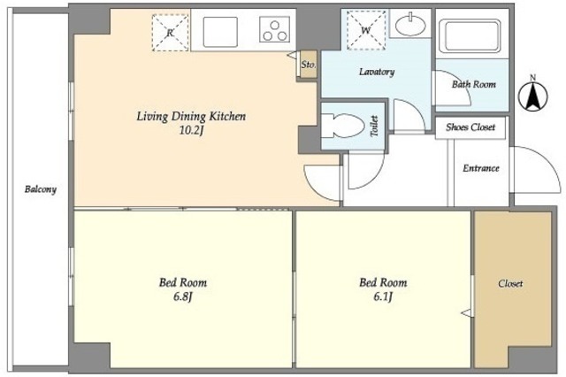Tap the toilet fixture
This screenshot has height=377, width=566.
pyautogui.click(x=342, y=126)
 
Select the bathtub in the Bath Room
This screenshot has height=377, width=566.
pyautogui.click(x=472, y=35)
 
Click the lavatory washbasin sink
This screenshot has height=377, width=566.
pyautogui.click(x=410, y=24)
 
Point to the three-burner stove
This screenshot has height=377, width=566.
pyautogui.click(x=275, y=29)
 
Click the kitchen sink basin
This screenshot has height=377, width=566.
pyautogui.click(x=220, y=32)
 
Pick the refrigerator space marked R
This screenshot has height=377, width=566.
pyautogui.click(x=171, y=33)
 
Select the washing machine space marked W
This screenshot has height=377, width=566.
pyautogui.click(x=366, y=30)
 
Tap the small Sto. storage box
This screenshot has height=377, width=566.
pyautogui.click(x=309, y=65)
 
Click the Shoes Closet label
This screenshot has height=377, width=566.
pyautogui.click(x=470, y=127)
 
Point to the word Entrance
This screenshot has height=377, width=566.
pyautogui.click(x=481, y=168)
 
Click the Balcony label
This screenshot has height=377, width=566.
pyautogui.click(x=41, y=189)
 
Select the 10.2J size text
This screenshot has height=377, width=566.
pyautogui.click(x=192, y=130)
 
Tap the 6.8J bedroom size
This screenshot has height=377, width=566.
pyautogui.click(x=183, y=296)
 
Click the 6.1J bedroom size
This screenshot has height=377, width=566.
pyautogui.click(x=383, y=296)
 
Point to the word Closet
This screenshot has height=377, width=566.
pyautogui.click(x=510, y=283)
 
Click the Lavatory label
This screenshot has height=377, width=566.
pyautogui.click(x=377, y=72)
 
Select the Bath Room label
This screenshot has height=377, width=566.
pyautogui.click(x=474, y=84)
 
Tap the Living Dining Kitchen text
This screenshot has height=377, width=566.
pyautogui.click(x=191, y=116)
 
